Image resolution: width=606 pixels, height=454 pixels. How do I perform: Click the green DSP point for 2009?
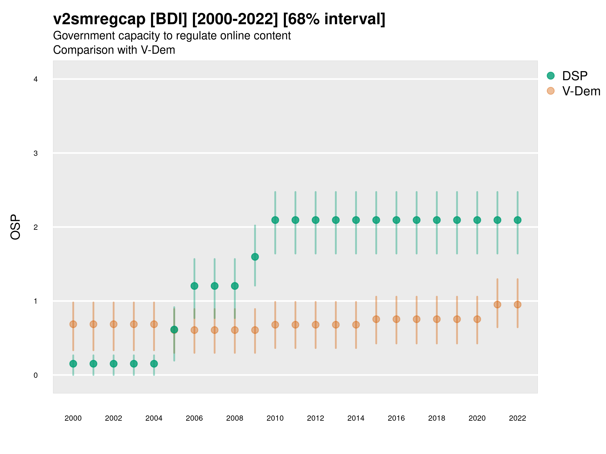[255, 257]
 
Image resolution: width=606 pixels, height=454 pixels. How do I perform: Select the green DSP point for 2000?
[73, 364]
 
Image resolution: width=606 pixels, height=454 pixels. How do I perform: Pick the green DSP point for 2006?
[194, 286]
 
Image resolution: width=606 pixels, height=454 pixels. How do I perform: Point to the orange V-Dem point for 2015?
[376, 319]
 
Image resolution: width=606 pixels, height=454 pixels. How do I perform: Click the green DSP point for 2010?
[275, 220]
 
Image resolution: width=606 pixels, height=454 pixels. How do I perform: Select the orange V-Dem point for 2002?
[113, 324]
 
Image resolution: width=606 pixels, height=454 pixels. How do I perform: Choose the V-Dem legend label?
[581, 91]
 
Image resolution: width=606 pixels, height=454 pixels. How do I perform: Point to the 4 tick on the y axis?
[36, 79]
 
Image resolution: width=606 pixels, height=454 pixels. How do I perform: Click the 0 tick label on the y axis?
[36, 375]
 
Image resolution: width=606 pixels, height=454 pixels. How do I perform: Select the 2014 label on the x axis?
[356, 418]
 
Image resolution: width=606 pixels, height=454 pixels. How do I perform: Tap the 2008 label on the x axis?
[235, 418]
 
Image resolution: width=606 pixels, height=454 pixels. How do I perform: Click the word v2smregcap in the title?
[99, 19]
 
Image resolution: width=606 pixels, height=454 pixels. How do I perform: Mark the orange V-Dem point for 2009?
[255, 330]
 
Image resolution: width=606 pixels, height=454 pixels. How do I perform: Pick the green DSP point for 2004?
[154, 364]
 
